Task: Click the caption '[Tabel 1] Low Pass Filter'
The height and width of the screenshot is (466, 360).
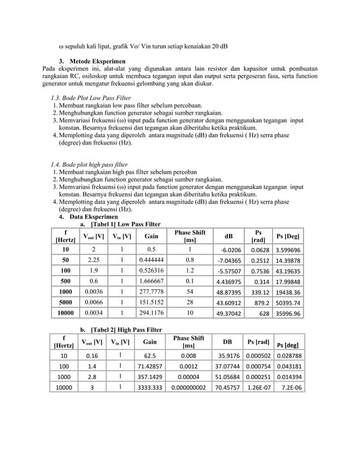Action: point(125,225)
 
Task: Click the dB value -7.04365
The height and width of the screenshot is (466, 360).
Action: point(229,261)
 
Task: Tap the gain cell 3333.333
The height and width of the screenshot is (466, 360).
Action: point(151,388)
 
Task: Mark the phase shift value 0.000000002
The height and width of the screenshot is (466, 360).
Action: point(188,388)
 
